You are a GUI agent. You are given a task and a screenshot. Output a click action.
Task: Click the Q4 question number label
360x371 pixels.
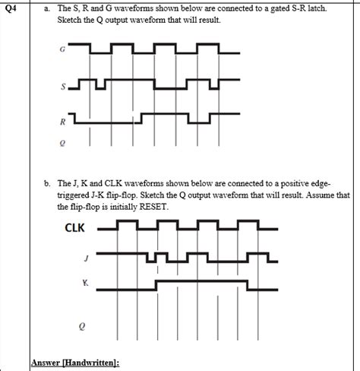[x=11, y=8]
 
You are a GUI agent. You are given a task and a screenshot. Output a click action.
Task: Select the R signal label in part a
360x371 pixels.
[x=63, y=122]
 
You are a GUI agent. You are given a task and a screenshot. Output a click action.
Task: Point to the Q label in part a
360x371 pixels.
[x=62, y=143]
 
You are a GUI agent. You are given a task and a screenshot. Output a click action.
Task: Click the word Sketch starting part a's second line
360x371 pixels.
[x=69, y=19]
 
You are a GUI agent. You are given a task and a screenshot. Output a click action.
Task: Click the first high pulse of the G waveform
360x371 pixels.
[x=102, y=45]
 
